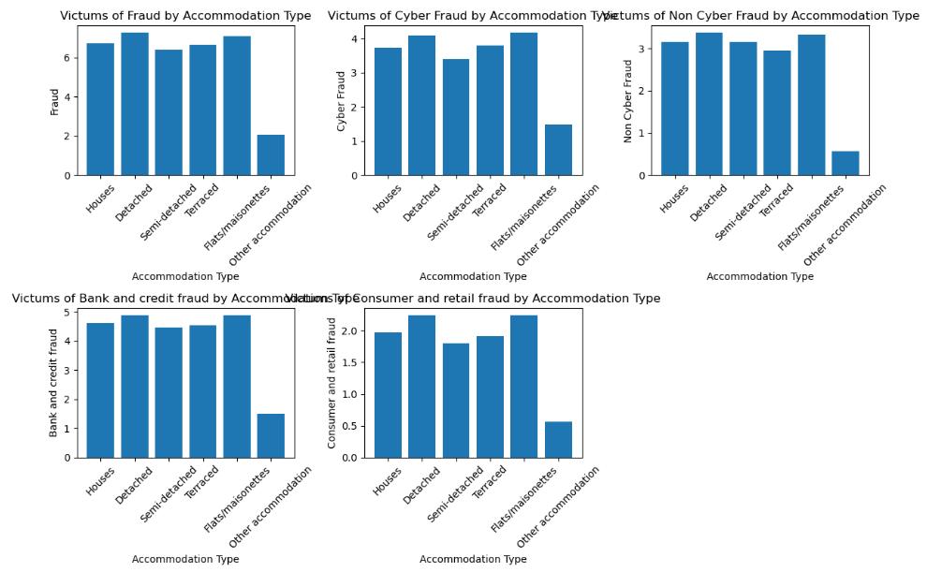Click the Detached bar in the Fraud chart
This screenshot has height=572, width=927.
pyautogui.click(x=134, y=104)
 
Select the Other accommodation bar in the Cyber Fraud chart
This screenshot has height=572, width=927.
pyautogui.click(x=558, y=150)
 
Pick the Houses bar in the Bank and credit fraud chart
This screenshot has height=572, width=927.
pyautogui.click(x=100, y=390)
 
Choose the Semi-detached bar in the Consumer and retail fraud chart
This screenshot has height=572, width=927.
pyautogui.click(x=456, y=401)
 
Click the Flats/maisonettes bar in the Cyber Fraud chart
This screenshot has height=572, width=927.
pyautogui.click(x=524, y=104)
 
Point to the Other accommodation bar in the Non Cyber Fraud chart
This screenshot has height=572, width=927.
pyautogui.click(x=846, y=163)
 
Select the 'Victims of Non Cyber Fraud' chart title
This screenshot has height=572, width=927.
pyautogui.click(x=760, y=16)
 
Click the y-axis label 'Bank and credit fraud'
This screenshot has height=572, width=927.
pyautogui.click(x=54, y=383)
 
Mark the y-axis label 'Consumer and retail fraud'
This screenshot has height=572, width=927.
pyautogui.click(x=332, y=383)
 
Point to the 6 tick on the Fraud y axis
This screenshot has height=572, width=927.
pyautogui.click(x=66, y=58)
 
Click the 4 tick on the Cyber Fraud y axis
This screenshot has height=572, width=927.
pyautogui.click(x=354, y=39)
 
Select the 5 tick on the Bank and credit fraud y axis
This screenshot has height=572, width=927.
pyautogui.click(x=66, y=313)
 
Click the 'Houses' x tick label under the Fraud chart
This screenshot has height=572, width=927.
pyautogui.click(x=101, y=198)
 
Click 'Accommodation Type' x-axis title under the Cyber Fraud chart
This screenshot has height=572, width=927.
pyautogui.click(x=473, y=277)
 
